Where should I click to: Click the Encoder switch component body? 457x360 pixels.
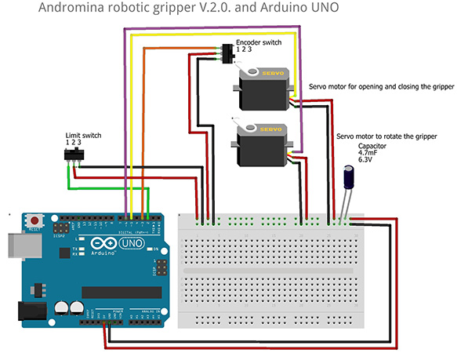[x=229, y=55]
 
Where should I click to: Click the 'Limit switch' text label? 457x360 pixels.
[x=82, y=135]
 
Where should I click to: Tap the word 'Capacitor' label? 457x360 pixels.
[x=372, y=145]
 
